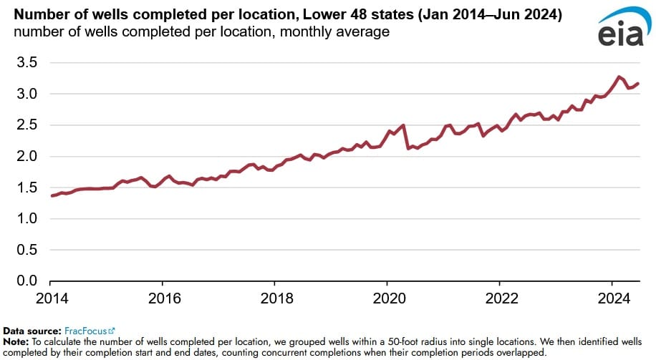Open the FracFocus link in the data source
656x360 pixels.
click(85, 331)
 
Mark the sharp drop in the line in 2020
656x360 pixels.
click(406, 137)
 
